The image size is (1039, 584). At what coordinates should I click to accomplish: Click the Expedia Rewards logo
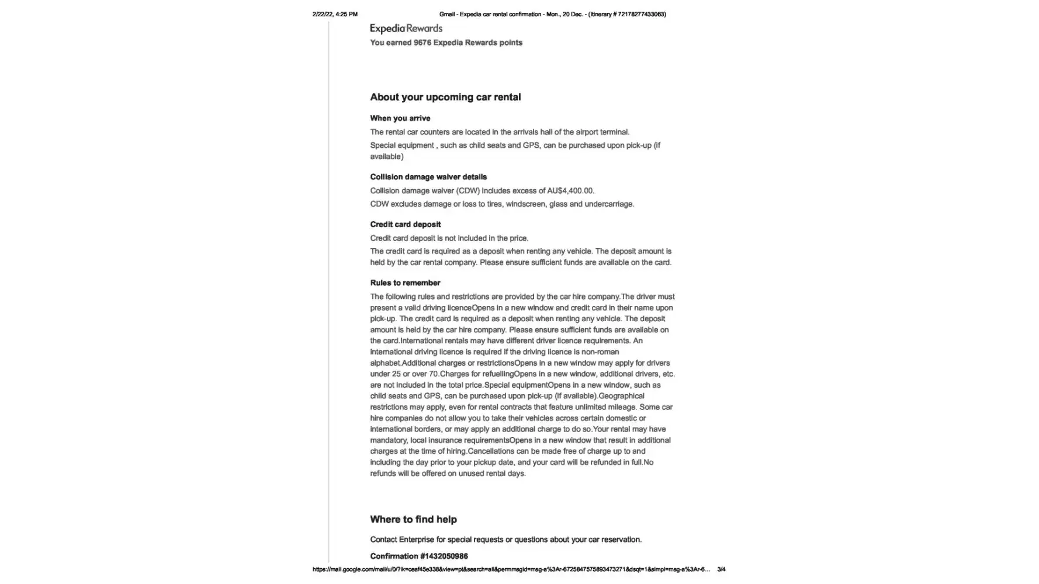click(406, 29)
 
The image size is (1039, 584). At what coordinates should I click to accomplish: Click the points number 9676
click(422, 43)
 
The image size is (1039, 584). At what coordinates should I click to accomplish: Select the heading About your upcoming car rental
click(445, 97)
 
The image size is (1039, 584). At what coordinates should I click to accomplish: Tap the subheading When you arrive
click(400, 118)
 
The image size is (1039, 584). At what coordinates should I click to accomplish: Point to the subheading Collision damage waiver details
click(428, 177)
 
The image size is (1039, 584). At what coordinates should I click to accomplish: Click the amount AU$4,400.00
click(570, 191)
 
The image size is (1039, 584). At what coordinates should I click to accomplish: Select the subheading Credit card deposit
click(405, 224)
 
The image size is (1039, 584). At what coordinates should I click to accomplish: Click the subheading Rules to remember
click(405, 283)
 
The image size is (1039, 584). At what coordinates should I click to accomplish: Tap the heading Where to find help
click(413, 519)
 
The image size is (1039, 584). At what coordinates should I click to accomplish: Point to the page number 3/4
click(721, 569)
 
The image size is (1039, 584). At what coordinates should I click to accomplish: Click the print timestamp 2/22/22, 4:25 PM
click(335, 14)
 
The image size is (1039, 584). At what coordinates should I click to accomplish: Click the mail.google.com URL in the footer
click(511, 569)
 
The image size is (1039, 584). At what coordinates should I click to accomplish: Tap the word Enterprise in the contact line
click(417, 540)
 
